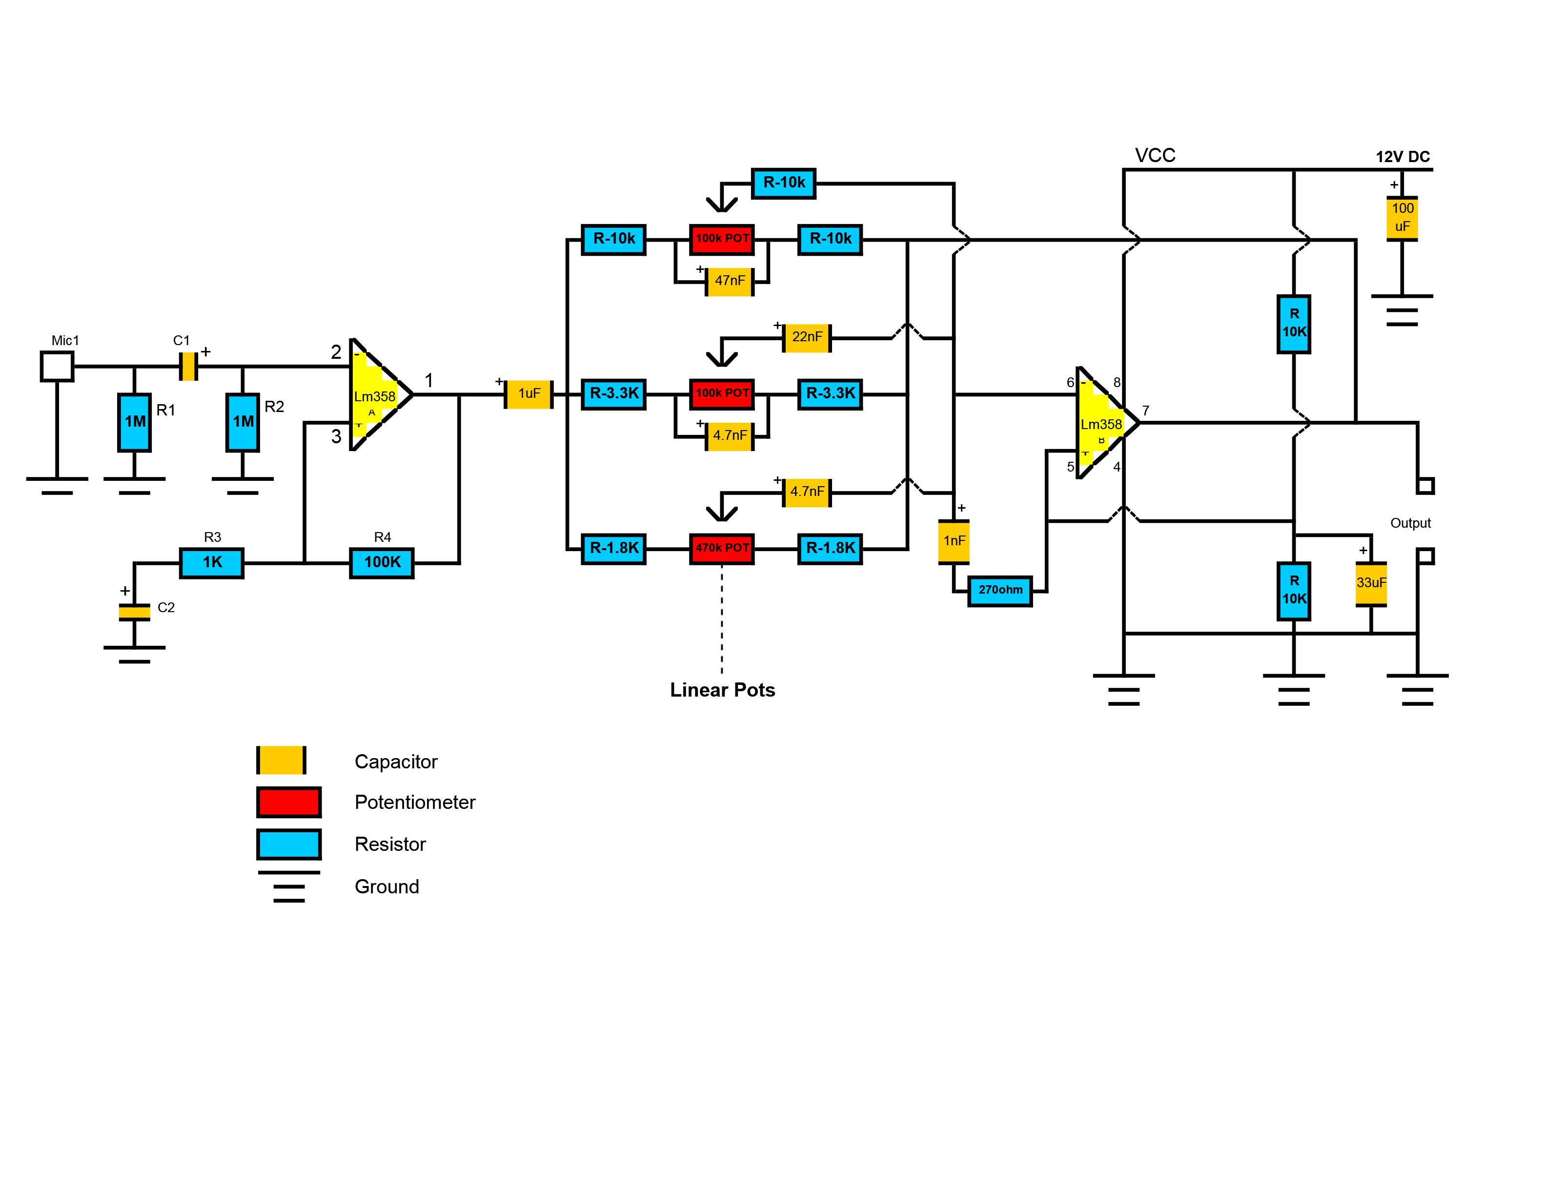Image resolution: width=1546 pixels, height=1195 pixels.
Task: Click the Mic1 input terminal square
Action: pyautogui.click(x=57, y=367)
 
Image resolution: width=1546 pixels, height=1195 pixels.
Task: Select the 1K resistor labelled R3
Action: pyautogui.click(x=212, y=563)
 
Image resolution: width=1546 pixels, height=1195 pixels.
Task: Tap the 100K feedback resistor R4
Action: pyautogui.click(x=382, y=563)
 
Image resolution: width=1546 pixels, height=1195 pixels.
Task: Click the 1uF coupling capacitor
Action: pyautogui.click(x=528, y=394)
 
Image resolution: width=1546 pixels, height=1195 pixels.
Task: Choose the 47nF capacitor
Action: pyautogui.click(x=730, y=282)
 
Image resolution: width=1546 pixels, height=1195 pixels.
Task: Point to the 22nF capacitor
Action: pyautogui.click(x=807, y=338)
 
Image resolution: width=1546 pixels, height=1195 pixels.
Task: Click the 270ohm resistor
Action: pyautogui.click(x=1000, y=590)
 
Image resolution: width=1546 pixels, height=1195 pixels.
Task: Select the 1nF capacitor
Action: pyautogui.click(x=954, y=541)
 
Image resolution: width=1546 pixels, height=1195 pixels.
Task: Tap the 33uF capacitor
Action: pyautogui.click(x=1371, y=584)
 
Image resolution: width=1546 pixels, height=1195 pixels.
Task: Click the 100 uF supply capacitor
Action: pyautogui.click(x=1403, y=218)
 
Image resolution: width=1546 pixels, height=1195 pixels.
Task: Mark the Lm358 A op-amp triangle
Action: pyautogui.click(x=380, y=394)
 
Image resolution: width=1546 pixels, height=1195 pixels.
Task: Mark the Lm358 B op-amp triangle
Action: pyautogui.click(x=1106, y=423)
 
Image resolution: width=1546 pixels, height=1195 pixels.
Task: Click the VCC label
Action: pyautogui.click(x=1155, y=156)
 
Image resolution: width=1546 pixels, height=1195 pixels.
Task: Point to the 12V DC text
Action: pyautogui.click(x=1403, y=157)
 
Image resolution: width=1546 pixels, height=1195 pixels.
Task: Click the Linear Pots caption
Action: pyautogui.click(x=722, y=690)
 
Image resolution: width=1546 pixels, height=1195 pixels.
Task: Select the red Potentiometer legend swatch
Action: pyautogui.click(x=289, y=802)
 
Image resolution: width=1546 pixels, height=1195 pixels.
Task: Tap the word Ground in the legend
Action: pyautogui.click(x=386, y=886)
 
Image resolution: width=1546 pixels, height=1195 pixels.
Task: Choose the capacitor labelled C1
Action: pyautogui.click(x=188, y=367)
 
